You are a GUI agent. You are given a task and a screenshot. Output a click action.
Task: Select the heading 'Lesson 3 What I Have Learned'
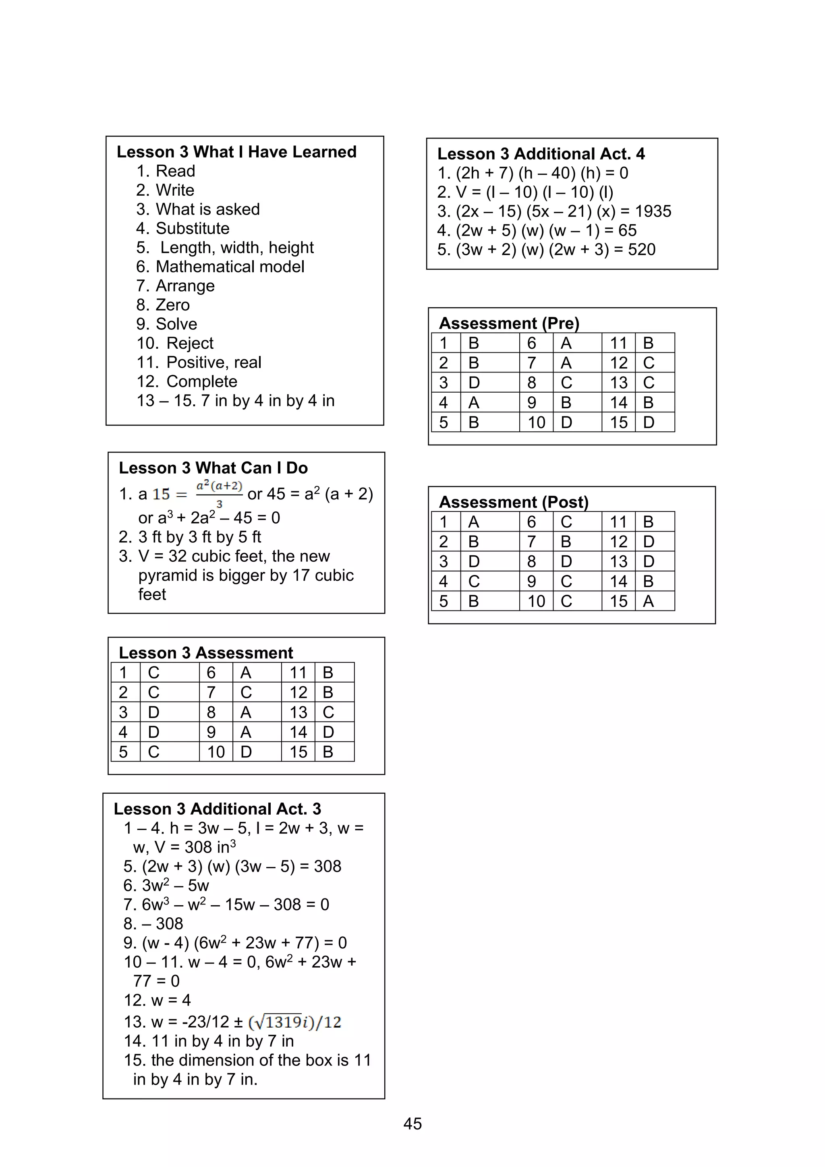pyautogui.click(x=236, y=152)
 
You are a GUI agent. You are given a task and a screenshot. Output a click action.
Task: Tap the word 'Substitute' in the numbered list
pyautogui.click(x=192, y=228)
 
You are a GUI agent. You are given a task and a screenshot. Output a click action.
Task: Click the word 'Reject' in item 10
pyautogui.click(x=190, y=343)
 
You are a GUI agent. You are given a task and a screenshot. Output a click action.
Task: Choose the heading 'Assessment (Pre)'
pyautogui.click(x=509, y=323)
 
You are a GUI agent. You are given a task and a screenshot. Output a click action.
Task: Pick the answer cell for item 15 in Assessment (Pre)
pyautogui.click(x=649, y=422)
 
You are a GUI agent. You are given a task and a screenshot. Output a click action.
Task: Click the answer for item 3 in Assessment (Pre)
pyautogui.click(x=474, y=383)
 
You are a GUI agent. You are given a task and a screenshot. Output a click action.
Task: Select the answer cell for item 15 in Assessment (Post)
pyautogui.click(x=648, y=601)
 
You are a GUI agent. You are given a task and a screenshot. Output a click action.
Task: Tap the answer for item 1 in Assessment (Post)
pyautogui.click(x=474, y=522)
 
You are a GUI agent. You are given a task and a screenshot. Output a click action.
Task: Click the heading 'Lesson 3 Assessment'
pyautogui.click(x=206, y=653)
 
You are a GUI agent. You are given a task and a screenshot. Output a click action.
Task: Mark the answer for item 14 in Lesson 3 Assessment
pyautogui.click(x=328, y=732)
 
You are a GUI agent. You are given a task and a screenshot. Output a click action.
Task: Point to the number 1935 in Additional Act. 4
pyautogui.click(x=653, y=211)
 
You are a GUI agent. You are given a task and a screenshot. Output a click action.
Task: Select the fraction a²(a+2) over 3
pyautogui.click(x=219, y=493)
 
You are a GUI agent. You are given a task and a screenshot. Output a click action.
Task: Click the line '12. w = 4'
pyautogui.click(x=157, y=1000)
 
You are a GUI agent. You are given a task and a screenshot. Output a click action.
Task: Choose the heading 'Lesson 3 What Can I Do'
pyautogui.click(x=213, y=468)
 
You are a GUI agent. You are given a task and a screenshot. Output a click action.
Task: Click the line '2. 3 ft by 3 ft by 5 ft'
pyautogui.click(x=190, y=537)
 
